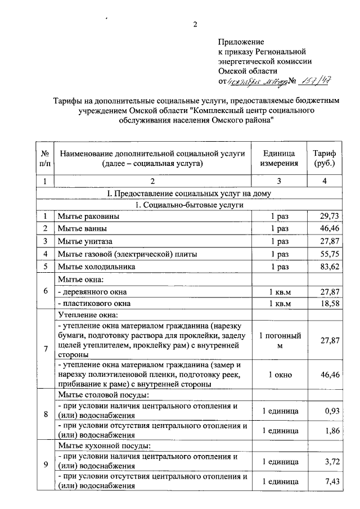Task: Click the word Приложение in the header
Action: click(x=241, y=42)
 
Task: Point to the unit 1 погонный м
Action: click(x=280, y=340)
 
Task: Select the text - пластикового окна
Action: click(x=92, y=304)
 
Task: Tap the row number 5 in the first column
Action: click(x=44, y=267)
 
